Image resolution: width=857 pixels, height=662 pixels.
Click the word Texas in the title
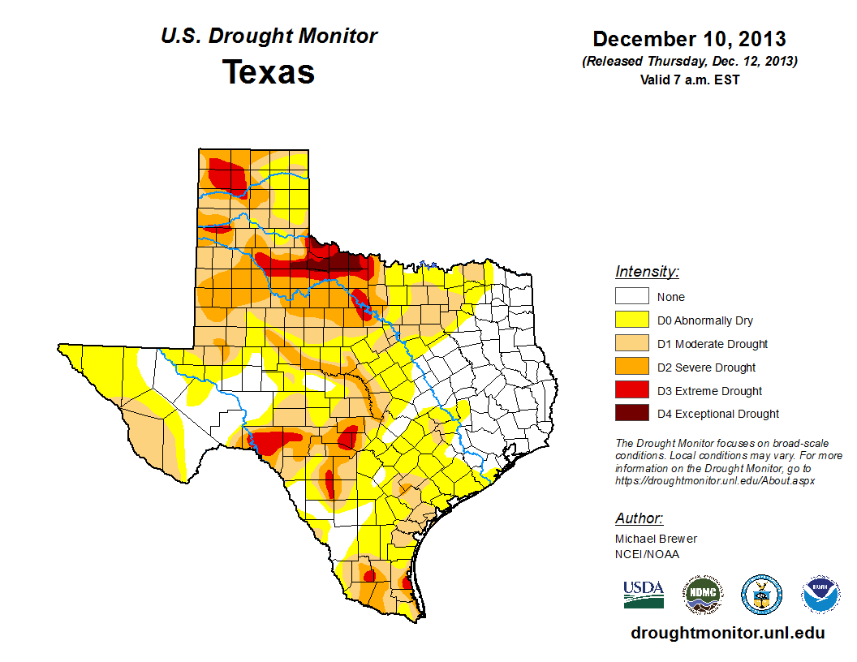269,72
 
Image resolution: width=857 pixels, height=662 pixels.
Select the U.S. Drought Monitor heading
269,37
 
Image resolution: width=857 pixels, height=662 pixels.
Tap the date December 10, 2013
689,39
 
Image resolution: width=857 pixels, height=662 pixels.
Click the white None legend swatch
631,297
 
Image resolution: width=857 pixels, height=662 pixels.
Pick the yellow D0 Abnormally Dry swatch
631,320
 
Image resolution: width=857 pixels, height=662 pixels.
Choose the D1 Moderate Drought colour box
631,344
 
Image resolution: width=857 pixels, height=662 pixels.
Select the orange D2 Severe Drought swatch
631,368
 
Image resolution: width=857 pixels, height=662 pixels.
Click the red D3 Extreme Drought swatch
631,391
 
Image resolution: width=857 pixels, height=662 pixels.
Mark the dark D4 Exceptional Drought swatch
631,414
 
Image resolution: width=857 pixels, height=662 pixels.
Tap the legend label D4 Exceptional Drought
718,414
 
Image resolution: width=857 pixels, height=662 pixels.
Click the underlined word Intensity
647,272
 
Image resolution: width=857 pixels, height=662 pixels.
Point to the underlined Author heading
639,518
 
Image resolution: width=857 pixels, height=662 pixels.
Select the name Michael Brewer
656,539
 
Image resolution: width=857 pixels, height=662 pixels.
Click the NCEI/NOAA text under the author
647,554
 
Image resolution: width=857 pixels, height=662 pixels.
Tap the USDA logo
644,595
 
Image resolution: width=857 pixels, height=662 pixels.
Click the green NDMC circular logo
702,595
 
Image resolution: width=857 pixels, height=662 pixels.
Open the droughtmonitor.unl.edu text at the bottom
728,633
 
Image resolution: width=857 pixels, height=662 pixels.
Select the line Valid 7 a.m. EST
689,80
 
